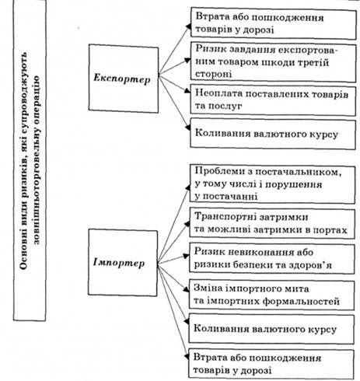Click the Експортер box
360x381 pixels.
coord(124,79)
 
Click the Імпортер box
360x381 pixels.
coord(123,263)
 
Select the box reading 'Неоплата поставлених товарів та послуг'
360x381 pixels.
coord(273,100)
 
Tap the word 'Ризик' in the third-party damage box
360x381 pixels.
coord(208,49)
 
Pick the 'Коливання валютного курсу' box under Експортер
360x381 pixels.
coord(273,134)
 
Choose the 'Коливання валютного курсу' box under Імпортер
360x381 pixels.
coord(271,329)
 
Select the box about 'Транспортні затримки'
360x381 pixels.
coord(272,223)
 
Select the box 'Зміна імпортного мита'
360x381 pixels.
coord(271,294)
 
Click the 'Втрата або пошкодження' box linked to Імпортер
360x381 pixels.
coord(271,364)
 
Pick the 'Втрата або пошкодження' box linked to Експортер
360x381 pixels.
coord(274,23)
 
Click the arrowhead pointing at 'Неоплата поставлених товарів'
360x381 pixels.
coord(187,90)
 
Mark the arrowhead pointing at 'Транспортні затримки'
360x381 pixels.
coord(187,224)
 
